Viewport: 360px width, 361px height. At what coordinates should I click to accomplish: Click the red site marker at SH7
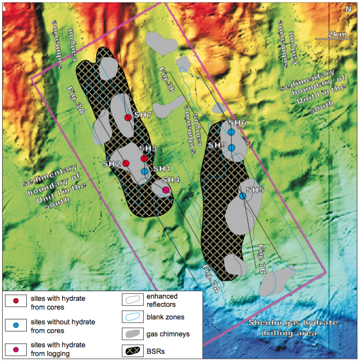point(128,117)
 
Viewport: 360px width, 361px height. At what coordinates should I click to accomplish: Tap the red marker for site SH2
point(126,163)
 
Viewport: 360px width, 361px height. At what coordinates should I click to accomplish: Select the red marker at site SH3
point(144,158)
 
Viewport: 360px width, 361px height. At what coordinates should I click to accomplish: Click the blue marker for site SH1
point(144,171)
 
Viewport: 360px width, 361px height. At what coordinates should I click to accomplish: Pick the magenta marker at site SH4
point(166,190)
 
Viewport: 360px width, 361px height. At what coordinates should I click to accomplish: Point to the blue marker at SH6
point(231,132)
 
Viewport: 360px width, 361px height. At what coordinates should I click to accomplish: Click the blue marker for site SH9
point(231,147)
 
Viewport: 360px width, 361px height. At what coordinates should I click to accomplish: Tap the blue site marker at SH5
point(243,196)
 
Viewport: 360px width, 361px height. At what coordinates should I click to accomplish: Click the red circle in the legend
point(16,301)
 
